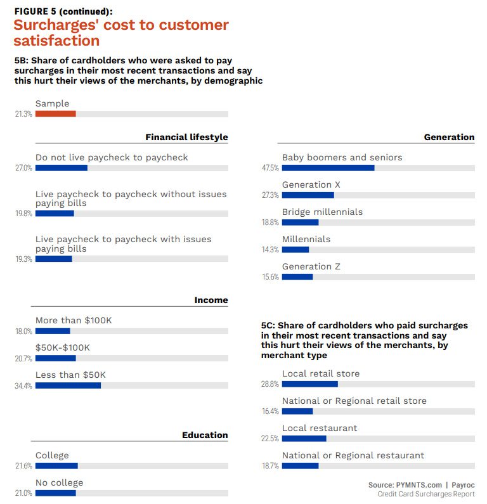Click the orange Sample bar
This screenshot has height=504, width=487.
tap(56, 114)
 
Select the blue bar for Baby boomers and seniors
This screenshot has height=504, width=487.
tap(328, 168)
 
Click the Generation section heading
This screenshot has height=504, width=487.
tap(449, 137)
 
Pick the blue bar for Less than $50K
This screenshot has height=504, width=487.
tap(68, 385)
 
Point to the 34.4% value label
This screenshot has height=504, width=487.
tap(23, 385)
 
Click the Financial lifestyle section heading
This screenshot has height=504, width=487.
tap(186, 137)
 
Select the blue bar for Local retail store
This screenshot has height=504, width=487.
tap(309, 384)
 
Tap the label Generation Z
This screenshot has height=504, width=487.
tap(311, 266)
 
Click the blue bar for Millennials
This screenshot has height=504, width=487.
tap(295, 250)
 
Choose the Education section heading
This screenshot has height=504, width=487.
tap(205, 435)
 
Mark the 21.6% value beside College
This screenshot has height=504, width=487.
tap(23, 466)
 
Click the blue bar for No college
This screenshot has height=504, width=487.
tap(56, 493)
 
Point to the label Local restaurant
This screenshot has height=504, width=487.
tap(320, 428)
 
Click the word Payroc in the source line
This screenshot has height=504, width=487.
tap(462, 485)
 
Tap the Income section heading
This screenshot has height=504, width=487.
tap(211, 300)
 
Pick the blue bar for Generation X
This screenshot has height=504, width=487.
tap(308, 195)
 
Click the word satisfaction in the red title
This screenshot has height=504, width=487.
tap(57, 41)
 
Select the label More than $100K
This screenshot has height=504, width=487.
tap(74, 320)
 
